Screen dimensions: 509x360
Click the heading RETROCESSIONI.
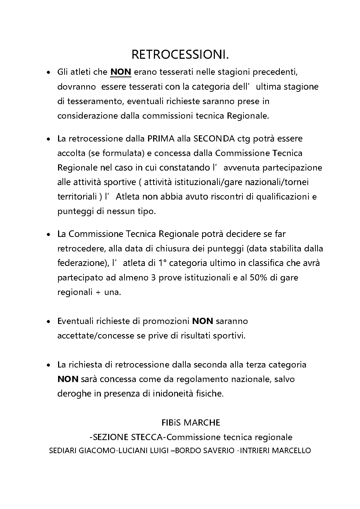click(x=180, y=54)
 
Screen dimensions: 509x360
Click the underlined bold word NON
click(x=120, y=72)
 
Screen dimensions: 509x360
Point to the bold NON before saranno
click(x=202, y=321)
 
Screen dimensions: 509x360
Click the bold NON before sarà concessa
click(x=68, y=379)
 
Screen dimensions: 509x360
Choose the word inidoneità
click(x=173, y=394)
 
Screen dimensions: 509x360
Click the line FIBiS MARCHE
click(x=191, y=423)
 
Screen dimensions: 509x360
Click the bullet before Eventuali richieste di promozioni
click(x=48, y=322)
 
